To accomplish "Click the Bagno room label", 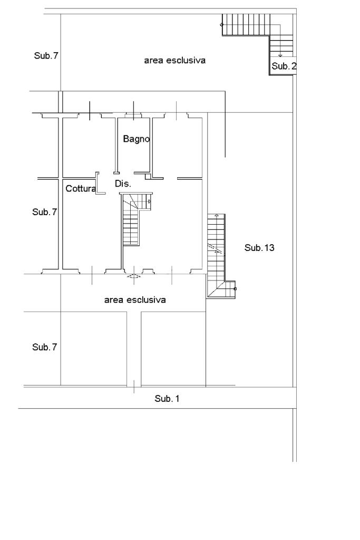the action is (137, 139).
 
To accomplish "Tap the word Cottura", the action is (81, 188).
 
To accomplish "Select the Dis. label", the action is (122, 184).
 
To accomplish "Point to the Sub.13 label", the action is (259, 247).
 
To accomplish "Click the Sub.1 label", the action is (167, 399).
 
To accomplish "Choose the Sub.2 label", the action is (284, 66).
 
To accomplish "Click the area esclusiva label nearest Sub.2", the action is (174, 61).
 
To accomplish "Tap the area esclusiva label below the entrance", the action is (135, 300).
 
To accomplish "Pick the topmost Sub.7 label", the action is (46, 55).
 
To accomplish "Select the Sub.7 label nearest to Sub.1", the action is (44, 347).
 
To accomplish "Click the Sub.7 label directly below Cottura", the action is (44, 212).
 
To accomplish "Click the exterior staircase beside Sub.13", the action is (216, 253).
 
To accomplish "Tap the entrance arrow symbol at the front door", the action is (134, 275).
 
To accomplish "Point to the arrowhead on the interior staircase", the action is (150, 201).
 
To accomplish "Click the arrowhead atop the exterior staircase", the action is (217, 216).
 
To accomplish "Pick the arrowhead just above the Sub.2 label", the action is (280, 55).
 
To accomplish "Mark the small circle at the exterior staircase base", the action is (235, 288).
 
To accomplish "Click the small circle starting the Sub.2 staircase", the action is (222, 24).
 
